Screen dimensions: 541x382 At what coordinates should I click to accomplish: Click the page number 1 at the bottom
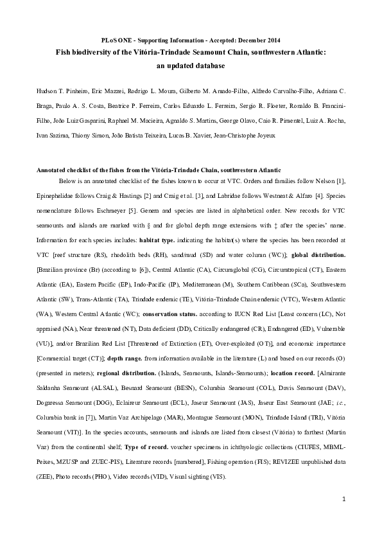click(344, 499)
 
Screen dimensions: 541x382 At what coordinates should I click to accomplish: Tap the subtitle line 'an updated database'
click(191, 65)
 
